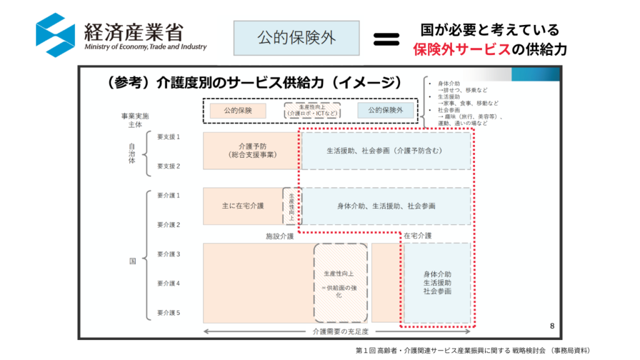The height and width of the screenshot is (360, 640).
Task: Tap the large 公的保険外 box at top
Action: pyautogui.click(x=296, y=38)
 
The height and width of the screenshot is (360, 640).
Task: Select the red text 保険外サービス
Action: pyautogui.click(x=461, y=50)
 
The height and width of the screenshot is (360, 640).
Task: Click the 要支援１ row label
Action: pyautogui.click(x=168, y=136)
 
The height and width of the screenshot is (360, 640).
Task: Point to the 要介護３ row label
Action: pyautogui.click(x=168, y=254)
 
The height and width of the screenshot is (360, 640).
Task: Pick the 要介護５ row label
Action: pyautogui.click(x=168, y=312)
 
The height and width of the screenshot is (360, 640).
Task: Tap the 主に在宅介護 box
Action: pyautogui.click(x=243, y=206)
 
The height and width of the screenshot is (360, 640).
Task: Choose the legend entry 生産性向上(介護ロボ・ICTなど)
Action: pyautogui.click(x=312, y=111)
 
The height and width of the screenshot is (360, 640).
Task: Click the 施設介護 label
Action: pyautogui.click(x=280, y=236)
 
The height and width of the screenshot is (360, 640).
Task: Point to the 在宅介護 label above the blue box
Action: pyautogui.click(x=417, y=236)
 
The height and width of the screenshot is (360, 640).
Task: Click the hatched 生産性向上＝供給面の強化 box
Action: pyautogui.click(x=340, y=282)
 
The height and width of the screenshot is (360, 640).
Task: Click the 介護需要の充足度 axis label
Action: pyautogui.click(x=339, y=331)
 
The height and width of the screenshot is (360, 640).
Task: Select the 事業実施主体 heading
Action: pyautogui.click(x=135, y=120)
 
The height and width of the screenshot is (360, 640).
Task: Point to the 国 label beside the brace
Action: pyautogui.click(x=132, y=261)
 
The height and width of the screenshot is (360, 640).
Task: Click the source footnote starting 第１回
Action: pyautogui.click(x=472, y=351)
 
